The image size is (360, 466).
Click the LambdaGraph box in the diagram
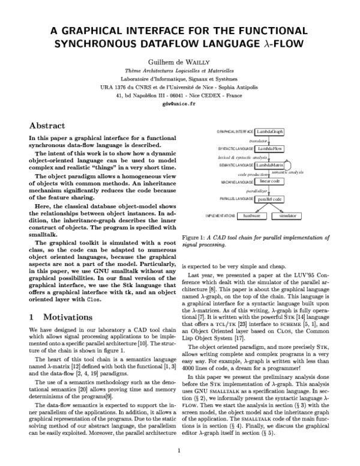(269, 132)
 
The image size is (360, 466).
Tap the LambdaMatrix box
(269, 165)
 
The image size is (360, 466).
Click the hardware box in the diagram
(247, 215)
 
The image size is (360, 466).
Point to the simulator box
(285, 215)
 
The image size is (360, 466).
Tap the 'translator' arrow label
(250, 140)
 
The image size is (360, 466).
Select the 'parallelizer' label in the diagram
(257, 190)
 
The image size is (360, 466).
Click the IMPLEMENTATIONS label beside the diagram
(220, 215)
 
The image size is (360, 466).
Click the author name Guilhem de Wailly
(179, 62)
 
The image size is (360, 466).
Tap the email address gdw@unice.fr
(179, 104)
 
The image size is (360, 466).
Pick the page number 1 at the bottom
(179, 450)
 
